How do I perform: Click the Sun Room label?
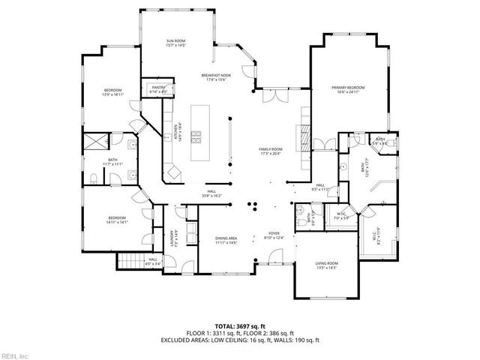click(175, 40)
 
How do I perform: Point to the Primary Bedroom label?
click(347, 88)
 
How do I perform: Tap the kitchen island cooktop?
click(198, 136)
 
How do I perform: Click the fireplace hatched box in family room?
click(304, 137)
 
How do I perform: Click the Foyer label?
click(274, 234)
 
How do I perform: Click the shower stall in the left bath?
click(96, 142)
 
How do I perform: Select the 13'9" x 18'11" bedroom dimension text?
click(112, 95)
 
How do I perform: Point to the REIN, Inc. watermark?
click(14, 355)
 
